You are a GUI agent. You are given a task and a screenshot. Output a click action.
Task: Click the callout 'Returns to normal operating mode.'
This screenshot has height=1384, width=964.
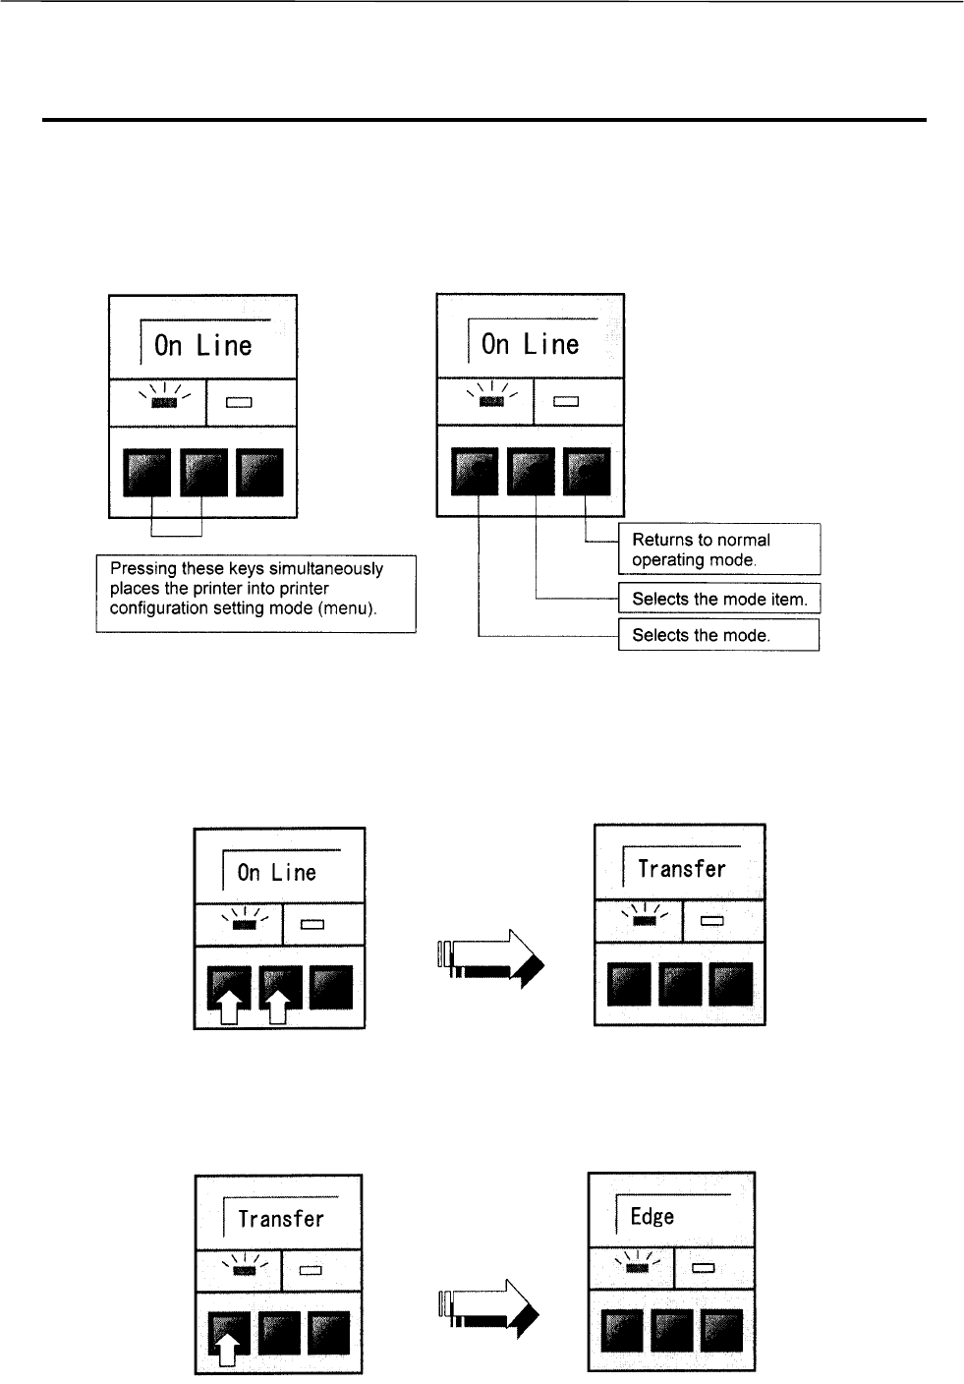(718, 549)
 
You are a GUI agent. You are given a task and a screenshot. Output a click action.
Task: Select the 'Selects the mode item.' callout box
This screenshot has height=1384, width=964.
(718, 599)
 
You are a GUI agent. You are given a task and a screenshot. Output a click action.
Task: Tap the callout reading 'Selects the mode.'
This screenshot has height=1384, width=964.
(718, 635)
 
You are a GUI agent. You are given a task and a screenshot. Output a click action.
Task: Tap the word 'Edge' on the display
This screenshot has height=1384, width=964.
(652, 1217)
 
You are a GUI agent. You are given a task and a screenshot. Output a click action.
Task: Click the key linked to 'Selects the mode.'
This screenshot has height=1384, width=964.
(474, 472)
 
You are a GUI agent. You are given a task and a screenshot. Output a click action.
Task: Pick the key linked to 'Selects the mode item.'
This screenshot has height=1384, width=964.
(531, 472)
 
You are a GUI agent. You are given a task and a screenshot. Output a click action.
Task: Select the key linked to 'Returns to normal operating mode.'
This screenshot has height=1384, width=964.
(587, 472)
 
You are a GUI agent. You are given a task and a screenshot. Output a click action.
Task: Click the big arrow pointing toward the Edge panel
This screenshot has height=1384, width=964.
(488, 1306)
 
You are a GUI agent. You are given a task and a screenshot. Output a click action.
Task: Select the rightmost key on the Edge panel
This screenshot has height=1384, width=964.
(721, 1330)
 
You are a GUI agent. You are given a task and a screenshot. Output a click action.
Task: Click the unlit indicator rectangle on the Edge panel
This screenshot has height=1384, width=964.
(704, 1267)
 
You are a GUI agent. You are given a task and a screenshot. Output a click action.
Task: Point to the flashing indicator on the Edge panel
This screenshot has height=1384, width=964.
(638, 1267)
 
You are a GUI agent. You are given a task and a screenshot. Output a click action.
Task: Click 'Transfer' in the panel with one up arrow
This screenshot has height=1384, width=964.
(280, 1220)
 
